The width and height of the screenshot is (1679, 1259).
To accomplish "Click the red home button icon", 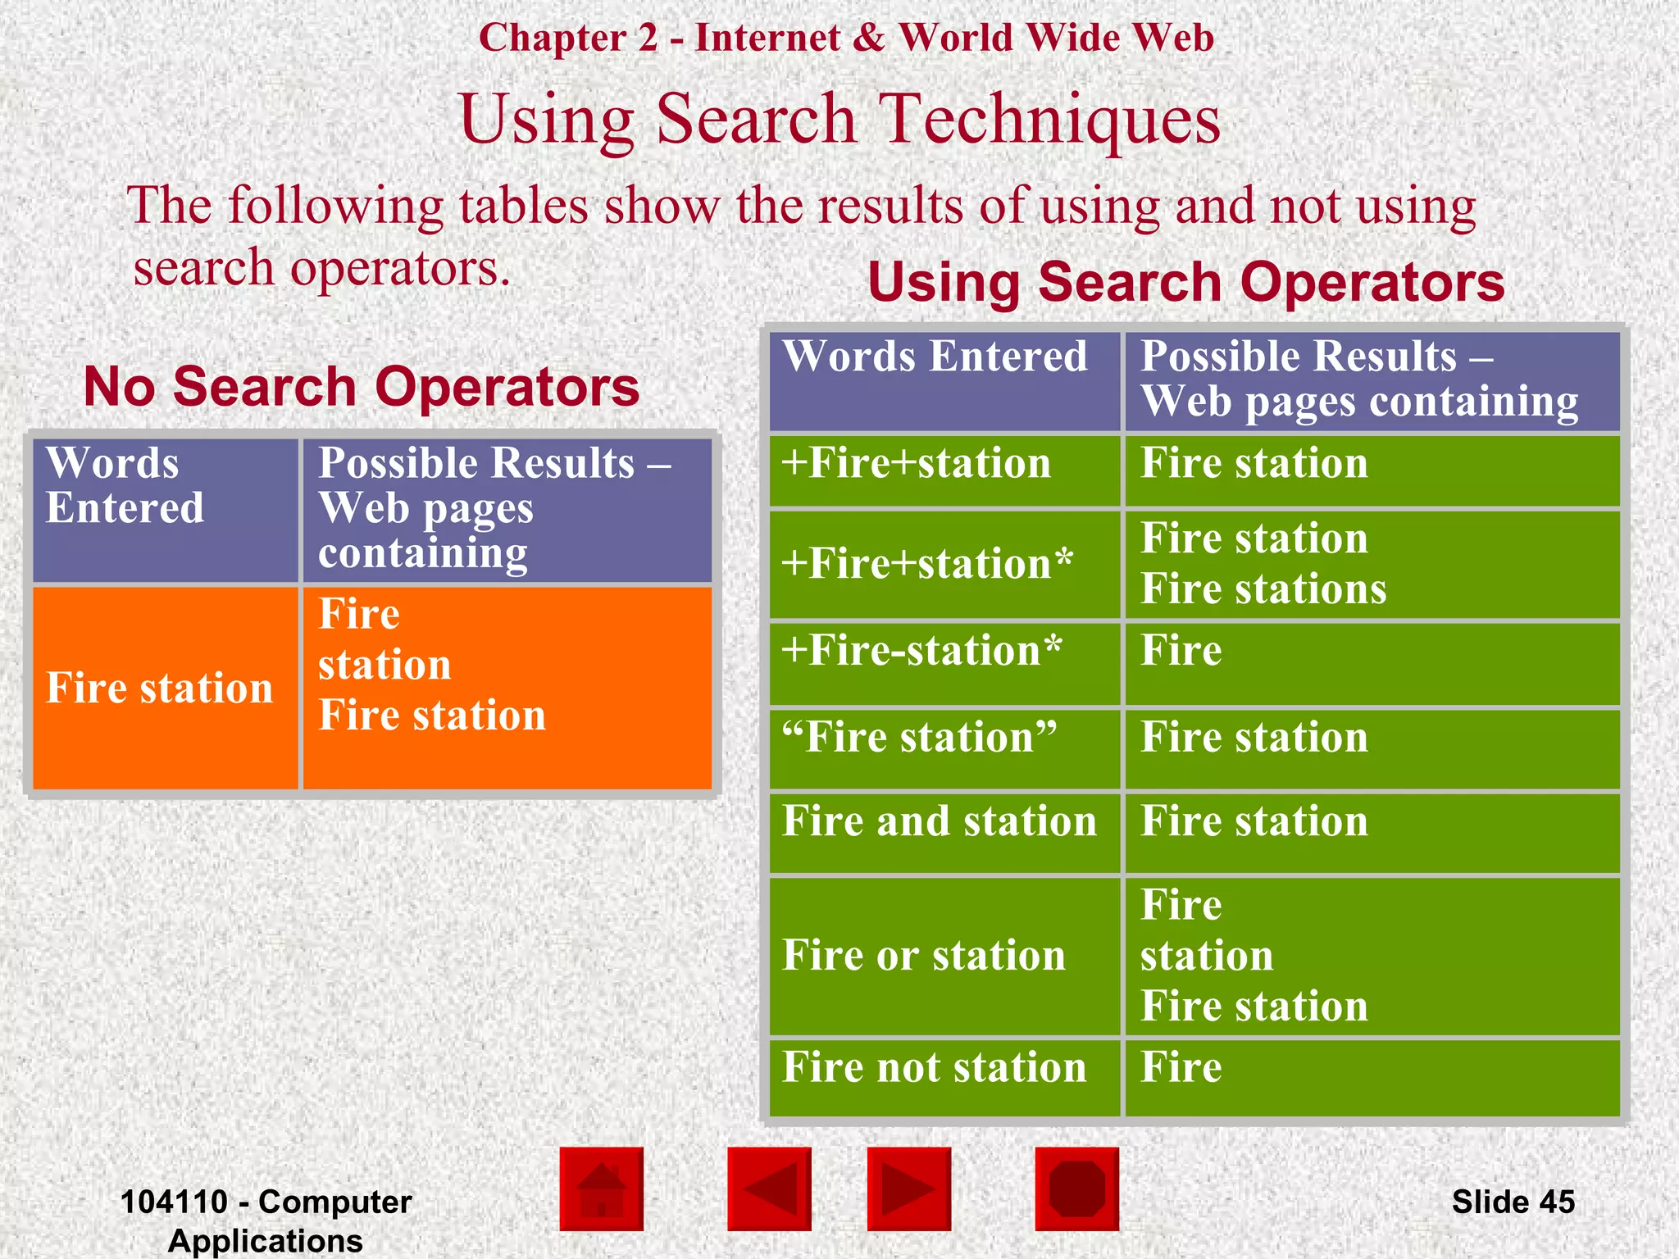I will [x=602, y=1189].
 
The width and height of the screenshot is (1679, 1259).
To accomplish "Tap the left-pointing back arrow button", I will [x=769, y=1189].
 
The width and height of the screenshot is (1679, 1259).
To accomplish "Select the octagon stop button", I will [x=1076, y=1189].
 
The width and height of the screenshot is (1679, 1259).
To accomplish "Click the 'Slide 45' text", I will [x=1513, y=1202].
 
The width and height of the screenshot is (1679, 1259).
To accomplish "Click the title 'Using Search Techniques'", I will [x=839, y=119].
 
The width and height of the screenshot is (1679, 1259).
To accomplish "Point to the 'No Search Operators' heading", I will [x=362, y=387].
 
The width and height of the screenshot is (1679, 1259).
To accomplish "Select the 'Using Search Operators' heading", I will [x=1186, y=282].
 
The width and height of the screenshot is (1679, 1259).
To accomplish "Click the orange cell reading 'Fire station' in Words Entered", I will [x=160, y=688].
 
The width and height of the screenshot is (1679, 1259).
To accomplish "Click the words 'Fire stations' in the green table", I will [x=1263, y=589].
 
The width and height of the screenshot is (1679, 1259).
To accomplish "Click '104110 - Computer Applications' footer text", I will [x=266, y=1220].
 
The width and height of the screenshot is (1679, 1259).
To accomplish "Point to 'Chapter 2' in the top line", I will [x=568, y=39].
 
